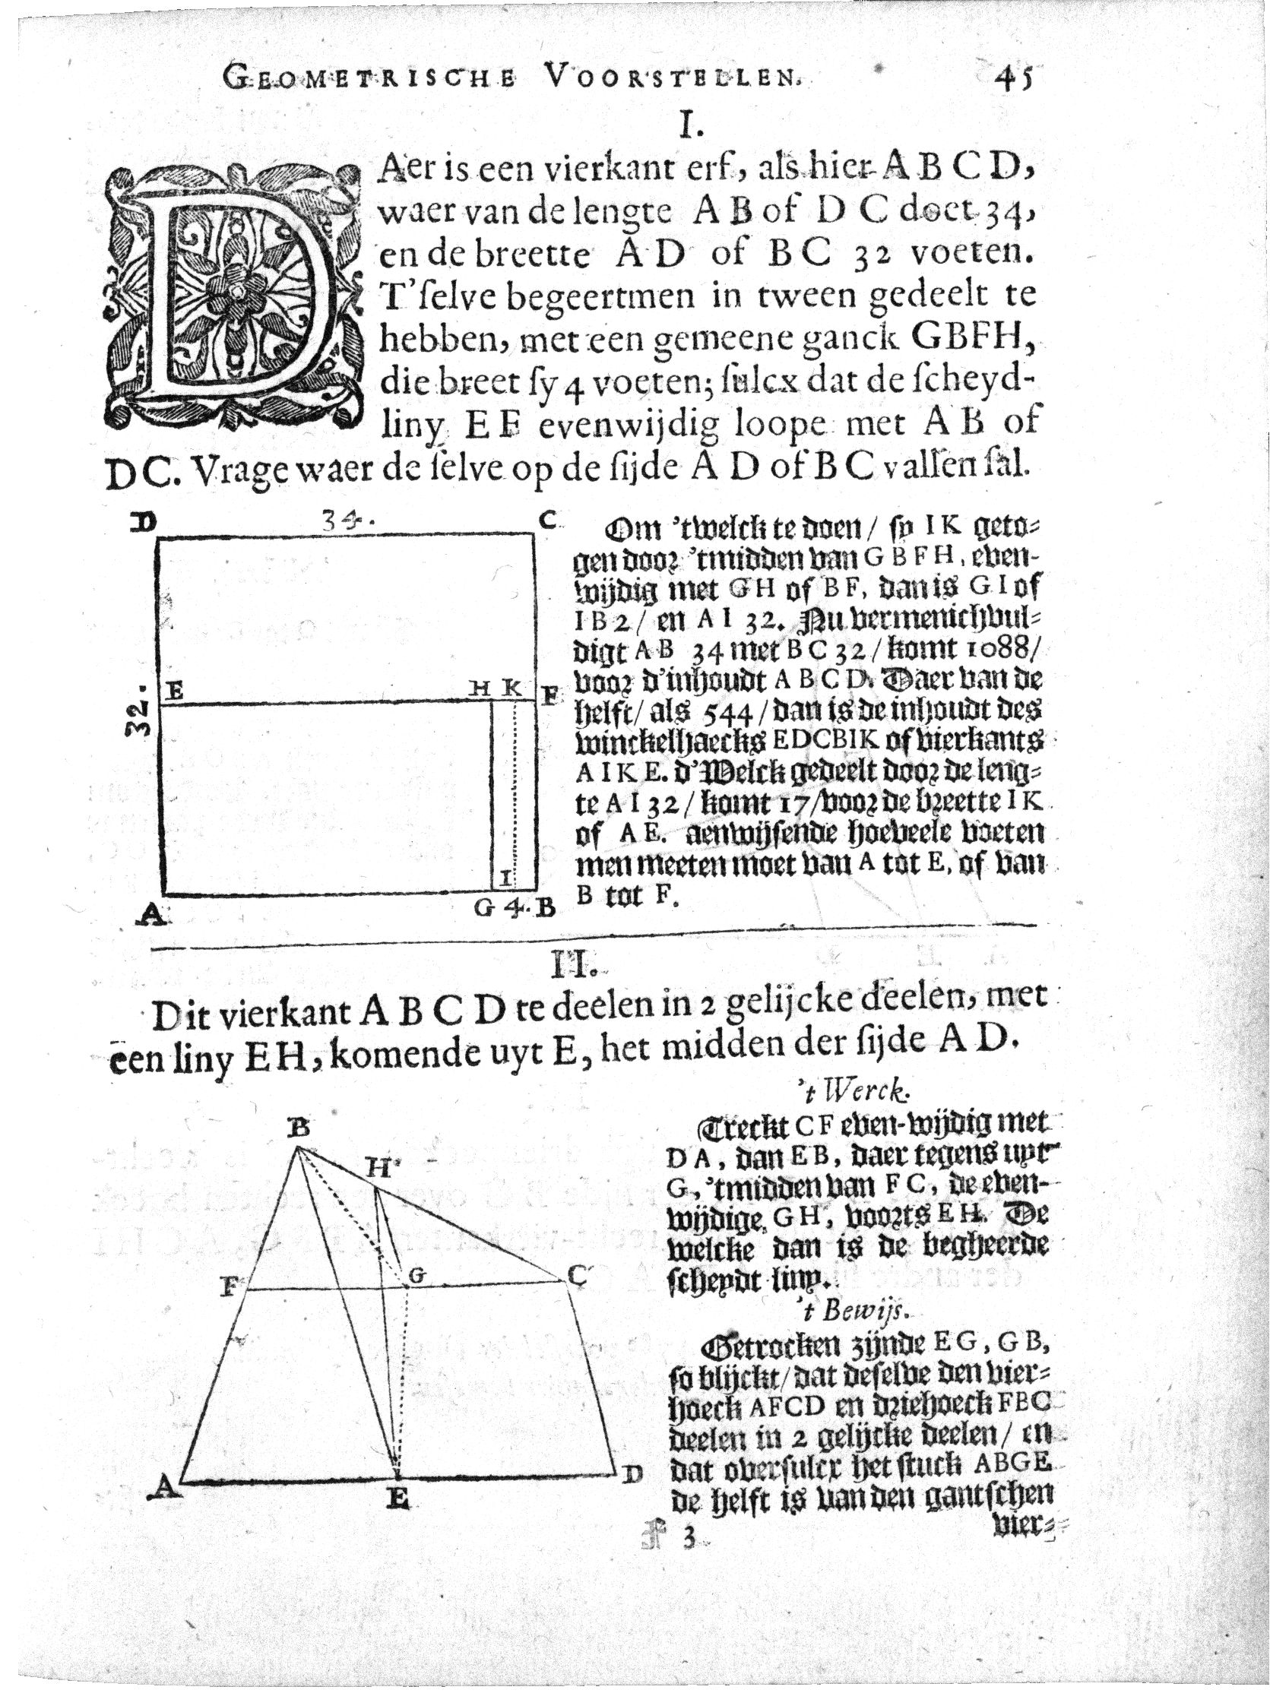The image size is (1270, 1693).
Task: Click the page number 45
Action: click(x=1012, y=79)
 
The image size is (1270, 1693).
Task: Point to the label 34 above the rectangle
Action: click(x=344, y=521)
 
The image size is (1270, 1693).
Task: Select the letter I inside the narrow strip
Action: click(x=506, y=878)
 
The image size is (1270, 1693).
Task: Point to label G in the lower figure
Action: click(x=416, y=1274)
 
